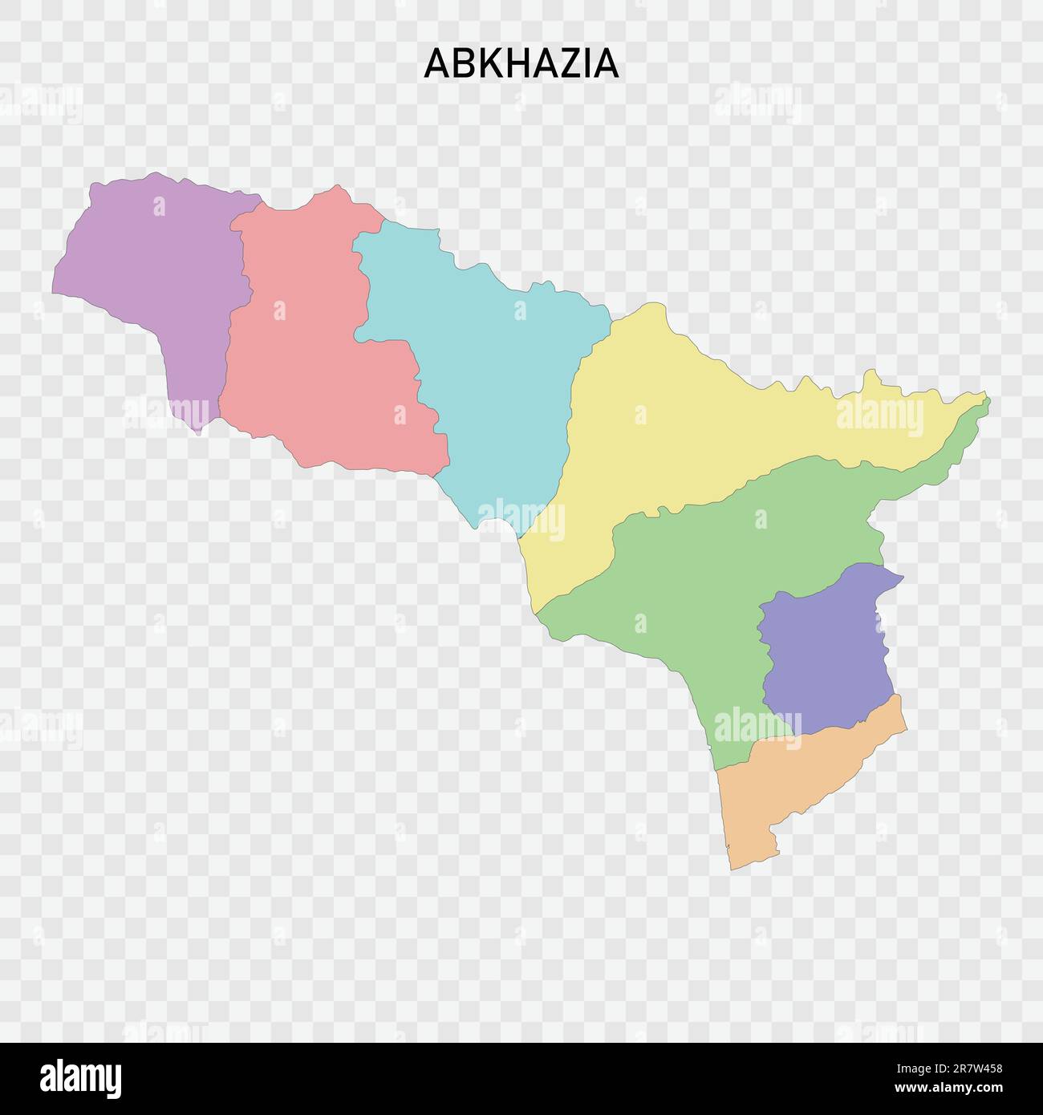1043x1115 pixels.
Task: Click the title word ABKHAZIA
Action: point(521,63)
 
